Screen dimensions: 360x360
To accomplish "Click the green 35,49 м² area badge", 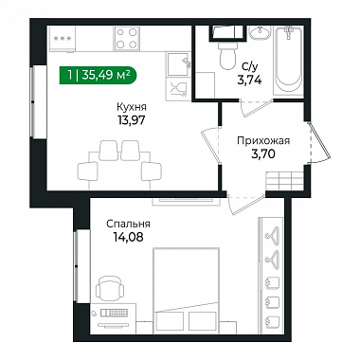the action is (98, 75).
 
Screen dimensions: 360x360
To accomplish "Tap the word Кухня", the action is (132, 107).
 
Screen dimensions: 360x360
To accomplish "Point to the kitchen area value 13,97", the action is (132, 120).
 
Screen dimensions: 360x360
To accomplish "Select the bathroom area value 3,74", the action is (249, 81).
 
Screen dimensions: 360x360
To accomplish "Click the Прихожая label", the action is (263, 140).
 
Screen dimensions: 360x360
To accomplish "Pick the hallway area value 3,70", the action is (263, 154).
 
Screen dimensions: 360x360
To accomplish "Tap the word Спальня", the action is (128, 224).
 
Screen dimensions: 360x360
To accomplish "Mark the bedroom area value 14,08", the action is (128, 237).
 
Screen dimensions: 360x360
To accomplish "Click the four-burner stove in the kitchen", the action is (127, 39).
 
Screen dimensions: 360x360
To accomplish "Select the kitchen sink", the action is (178, 63).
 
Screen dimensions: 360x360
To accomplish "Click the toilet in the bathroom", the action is (228, 54).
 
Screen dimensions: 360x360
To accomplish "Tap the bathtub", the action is (288, 61).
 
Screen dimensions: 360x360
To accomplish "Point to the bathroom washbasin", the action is (260, 33).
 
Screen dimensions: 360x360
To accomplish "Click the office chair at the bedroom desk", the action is (110, 288).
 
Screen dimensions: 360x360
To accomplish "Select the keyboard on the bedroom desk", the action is (115, 313).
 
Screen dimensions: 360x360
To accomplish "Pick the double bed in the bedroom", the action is (186, 291).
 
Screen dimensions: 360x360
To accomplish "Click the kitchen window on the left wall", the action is (33, 101).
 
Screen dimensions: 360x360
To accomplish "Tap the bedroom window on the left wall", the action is (77, 266).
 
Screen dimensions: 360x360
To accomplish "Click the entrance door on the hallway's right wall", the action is (319, 142).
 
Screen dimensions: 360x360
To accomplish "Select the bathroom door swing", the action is (257, 108).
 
